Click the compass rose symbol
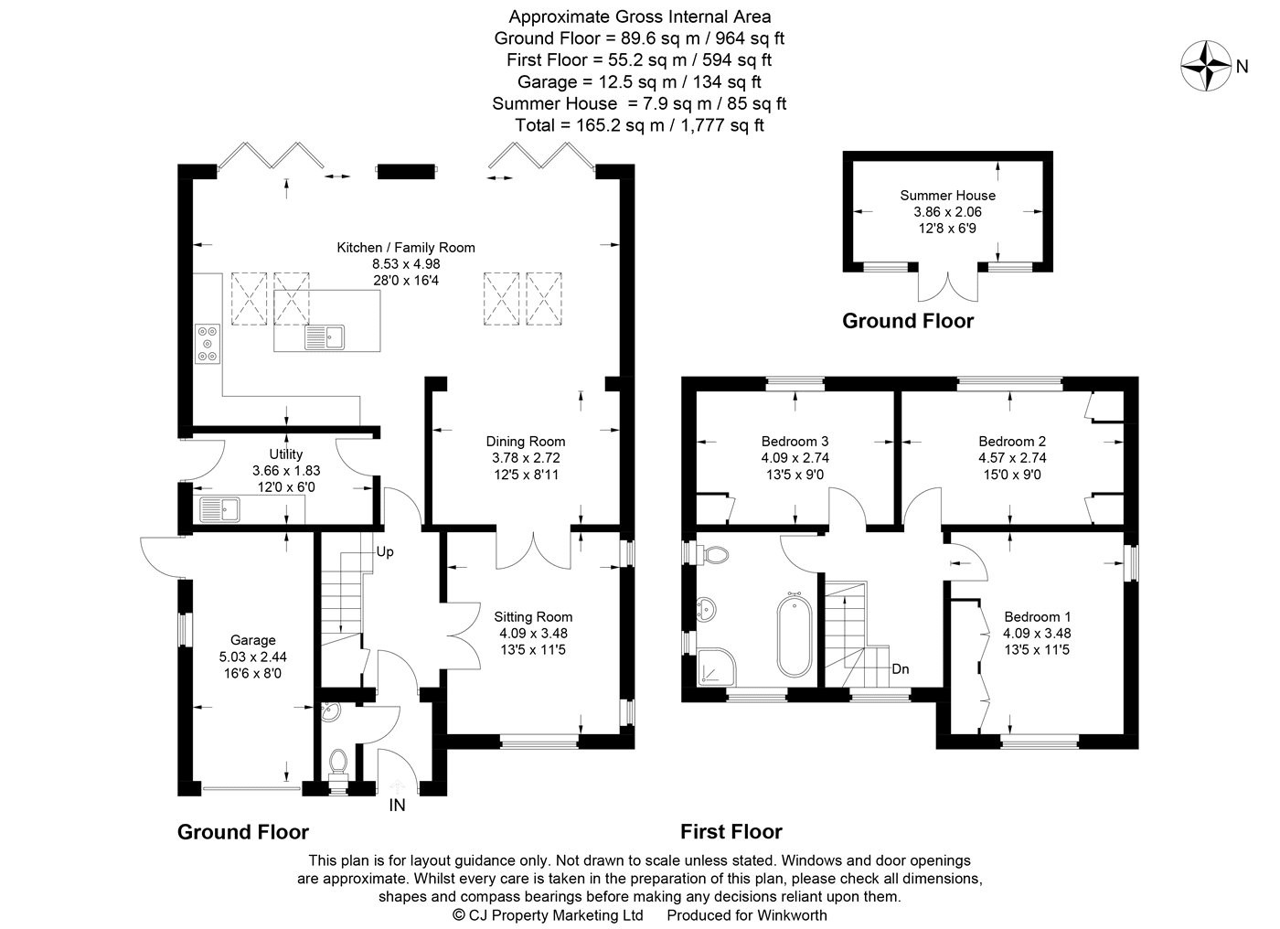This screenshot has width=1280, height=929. [1207, 66]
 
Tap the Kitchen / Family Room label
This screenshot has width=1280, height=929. [406, 248]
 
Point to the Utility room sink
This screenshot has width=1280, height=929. [219, 508]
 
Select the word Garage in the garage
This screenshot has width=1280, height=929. [252, 640]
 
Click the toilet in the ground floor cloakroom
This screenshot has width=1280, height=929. [337, 763]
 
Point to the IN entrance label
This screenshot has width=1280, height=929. [398, 806]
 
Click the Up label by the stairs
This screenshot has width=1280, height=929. [385, 553]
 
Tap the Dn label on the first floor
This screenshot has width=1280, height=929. [901, 669]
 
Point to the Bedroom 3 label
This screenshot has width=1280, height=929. [795, 442]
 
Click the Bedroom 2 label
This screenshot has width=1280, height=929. [1011, 442]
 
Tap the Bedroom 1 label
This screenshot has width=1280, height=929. [1037, 616]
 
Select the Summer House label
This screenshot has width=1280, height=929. [947, 195]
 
